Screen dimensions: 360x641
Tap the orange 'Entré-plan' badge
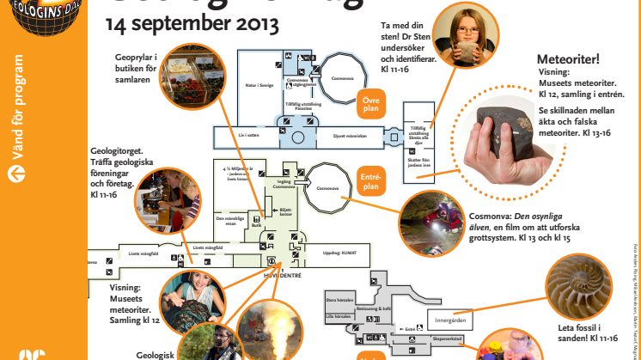point(370,181)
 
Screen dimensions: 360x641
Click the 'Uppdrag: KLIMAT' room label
point(339,253)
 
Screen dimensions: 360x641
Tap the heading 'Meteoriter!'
point(566,59)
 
